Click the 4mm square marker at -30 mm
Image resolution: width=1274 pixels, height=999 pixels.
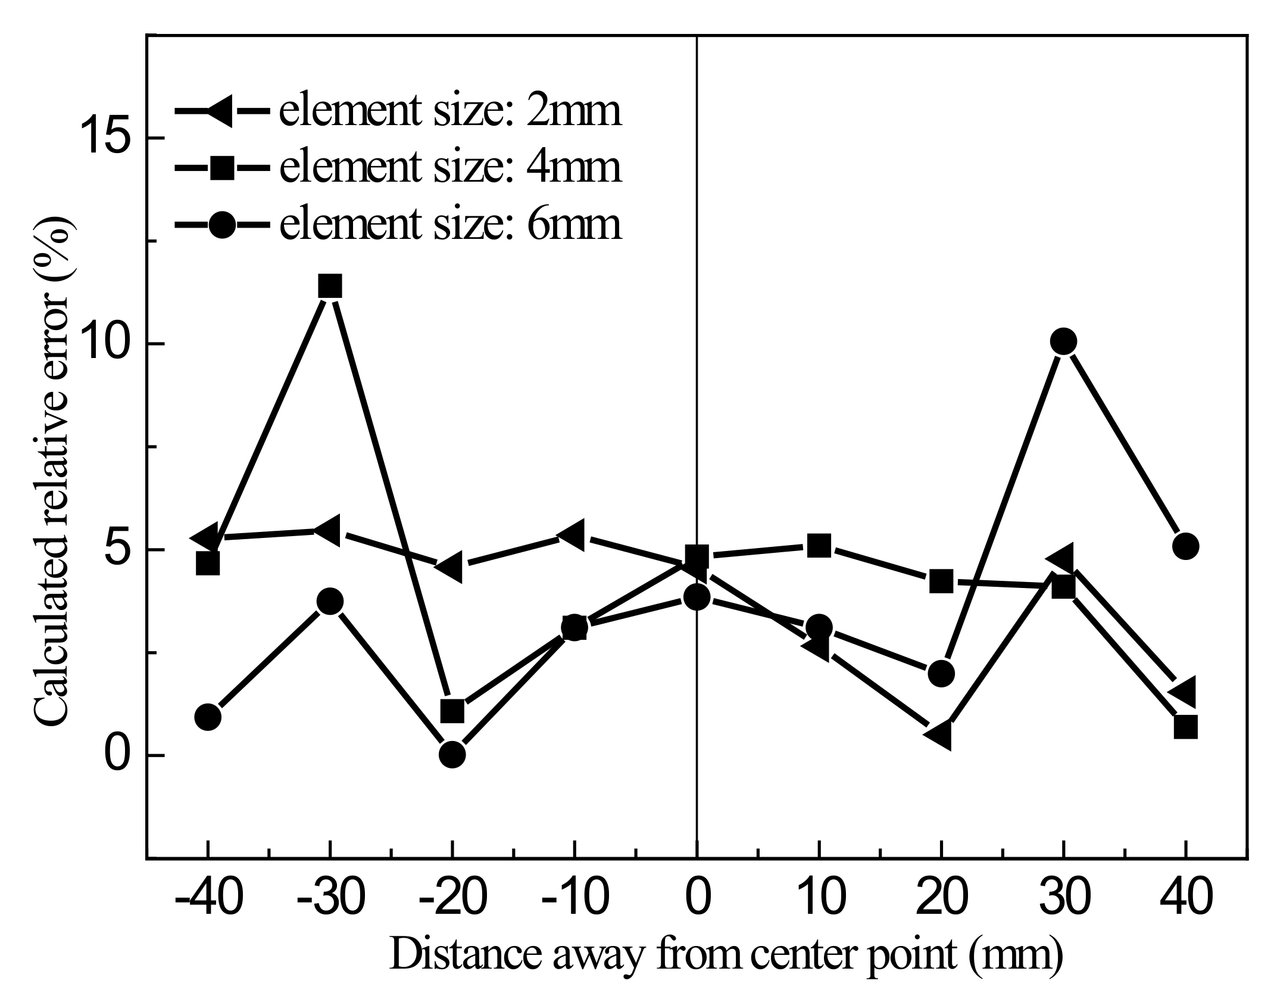[330, 287]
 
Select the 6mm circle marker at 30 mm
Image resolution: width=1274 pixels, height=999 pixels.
[1063, 341]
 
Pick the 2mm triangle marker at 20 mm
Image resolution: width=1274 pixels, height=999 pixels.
[939, 736]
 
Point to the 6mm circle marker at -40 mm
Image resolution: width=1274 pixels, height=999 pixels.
[208, 717]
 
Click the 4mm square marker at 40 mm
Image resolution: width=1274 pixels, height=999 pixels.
[1185, 727]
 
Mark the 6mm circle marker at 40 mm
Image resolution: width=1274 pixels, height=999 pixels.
[1185, 546]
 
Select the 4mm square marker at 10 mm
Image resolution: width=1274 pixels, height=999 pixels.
[819, 545]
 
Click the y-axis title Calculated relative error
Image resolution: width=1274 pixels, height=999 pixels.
[56, 471]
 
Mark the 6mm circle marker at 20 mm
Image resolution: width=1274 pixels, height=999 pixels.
[941, 673]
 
